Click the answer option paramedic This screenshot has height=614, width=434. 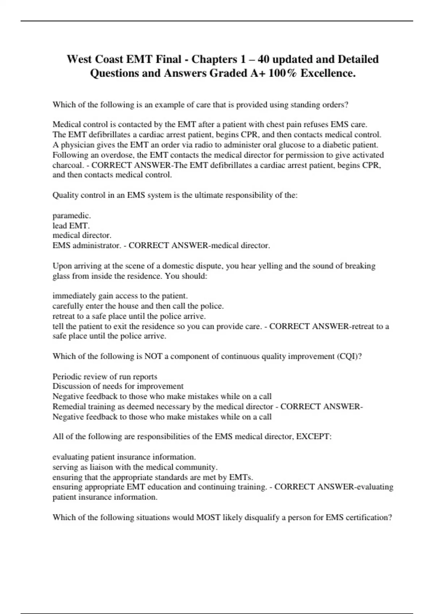pyautogui.click(x=72, y=216)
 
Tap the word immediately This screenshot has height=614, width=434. pyautogui.click(x=74, y=296)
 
